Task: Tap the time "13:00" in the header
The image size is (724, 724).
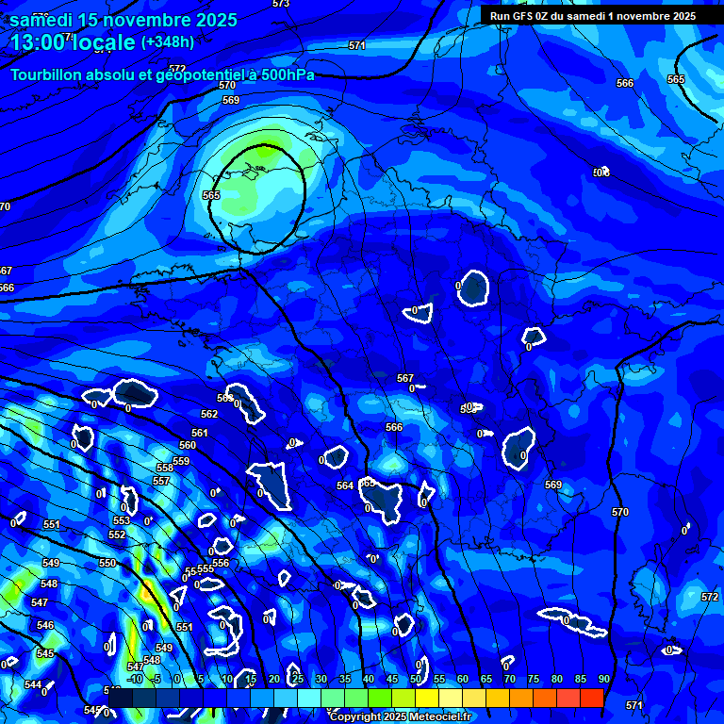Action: point(39,42)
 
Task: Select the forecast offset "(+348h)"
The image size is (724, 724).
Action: point(168,42)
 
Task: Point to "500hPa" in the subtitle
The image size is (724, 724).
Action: point(289,74)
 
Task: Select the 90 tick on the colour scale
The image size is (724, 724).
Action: point(603,679)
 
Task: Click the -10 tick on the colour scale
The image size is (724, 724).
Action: point(134,679)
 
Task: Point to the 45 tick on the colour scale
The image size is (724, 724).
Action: point(392,679)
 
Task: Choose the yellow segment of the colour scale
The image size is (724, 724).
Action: point(427,698)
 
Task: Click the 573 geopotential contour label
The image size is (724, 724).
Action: point(280,4)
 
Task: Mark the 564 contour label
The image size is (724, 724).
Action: point(345,485)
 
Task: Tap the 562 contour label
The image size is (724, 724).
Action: point(209,414)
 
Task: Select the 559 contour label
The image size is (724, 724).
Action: point(181,461)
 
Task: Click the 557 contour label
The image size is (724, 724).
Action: point(161,481)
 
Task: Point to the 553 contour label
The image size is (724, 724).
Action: point(122,520)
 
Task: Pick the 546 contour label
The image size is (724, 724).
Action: point(45,625)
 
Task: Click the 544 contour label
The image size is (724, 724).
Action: point(33,684)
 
